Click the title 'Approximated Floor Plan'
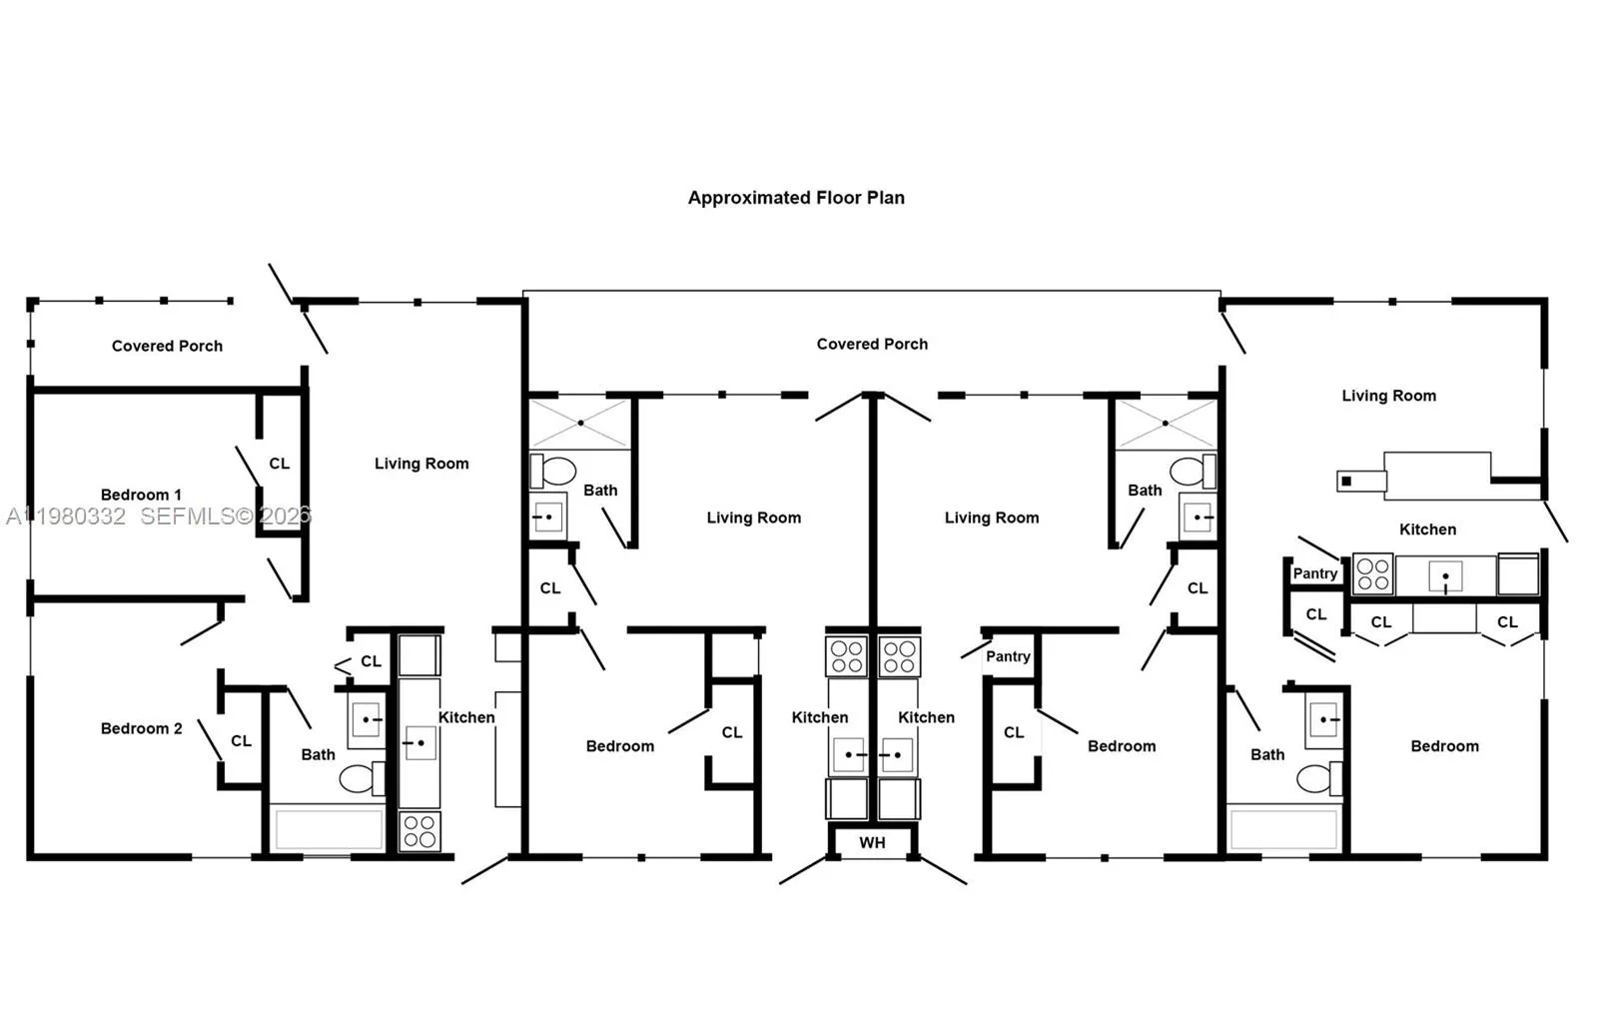[796, 198]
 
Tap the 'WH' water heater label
[872, 842]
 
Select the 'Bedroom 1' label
[141, 495]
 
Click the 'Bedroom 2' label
[141, 728]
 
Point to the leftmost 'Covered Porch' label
[167, 346]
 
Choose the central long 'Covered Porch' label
[872, 344]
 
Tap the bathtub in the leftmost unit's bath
[329, 830]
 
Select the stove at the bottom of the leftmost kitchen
[419, 831]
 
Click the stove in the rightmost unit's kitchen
[1373, 574]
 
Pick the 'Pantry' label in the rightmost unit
[1314, 573]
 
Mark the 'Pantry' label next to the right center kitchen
[1008, 656]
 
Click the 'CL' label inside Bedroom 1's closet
[280, 464]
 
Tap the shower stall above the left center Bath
[580, 423]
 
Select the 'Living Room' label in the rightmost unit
[1388, 396]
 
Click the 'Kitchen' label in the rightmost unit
[1427, 529]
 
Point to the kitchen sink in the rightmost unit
[1445, 576]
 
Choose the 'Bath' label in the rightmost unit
[1267, 754]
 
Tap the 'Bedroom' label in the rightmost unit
[1444, 746]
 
